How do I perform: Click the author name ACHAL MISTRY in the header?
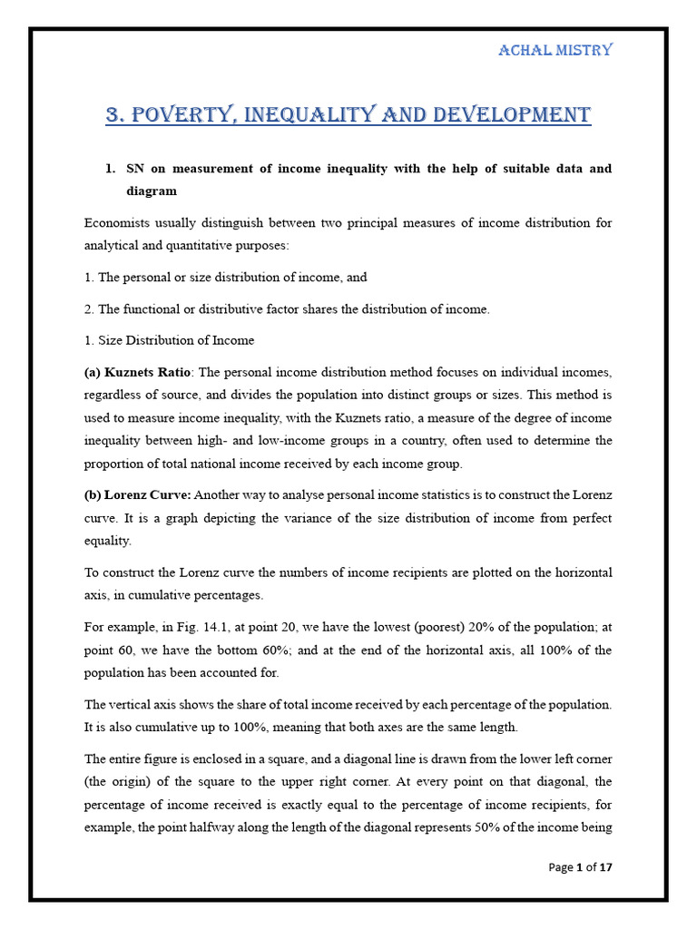pos(555,50)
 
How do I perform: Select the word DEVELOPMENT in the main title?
pos(515,115)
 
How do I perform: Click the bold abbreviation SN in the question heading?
pos(137,169)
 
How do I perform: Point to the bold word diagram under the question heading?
pos(152,191)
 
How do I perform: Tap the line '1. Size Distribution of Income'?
pos(169,340)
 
